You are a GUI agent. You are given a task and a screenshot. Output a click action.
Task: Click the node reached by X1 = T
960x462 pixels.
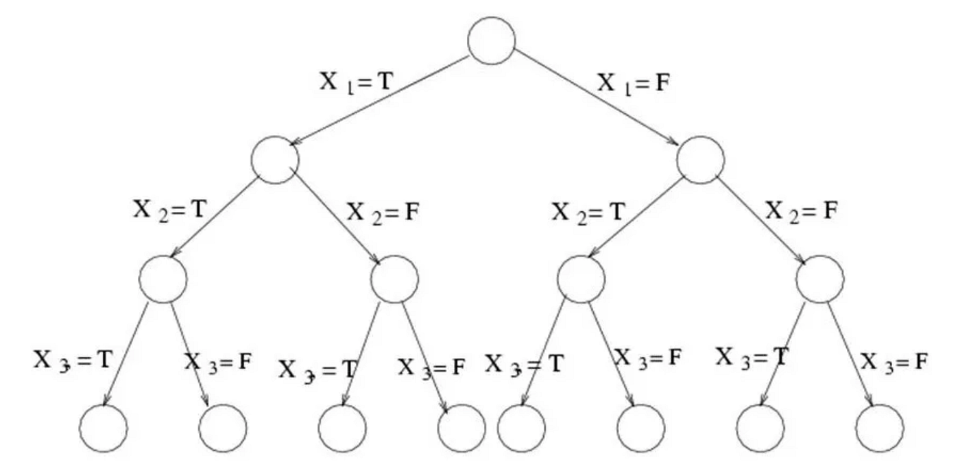point(275,160)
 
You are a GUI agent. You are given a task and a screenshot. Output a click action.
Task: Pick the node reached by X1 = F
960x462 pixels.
point(700,160)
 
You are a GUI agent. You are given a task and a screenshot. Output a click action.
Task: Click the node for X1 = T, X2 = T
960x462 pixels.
point(163,280)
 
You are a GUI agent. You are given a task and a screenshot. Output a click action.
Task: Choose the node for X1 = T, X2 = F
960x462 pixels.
point(394,280)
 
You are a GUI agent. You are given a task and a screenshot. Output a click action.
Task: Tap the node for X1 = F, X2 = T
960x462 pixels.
point(581,280)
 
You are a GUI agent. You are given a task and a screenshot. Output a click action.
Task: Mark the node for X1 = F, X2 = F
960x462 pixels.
point(821,280)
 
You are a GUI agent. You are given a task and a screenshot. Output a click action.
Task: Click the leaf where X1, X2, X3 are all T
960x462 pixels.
point(104,428)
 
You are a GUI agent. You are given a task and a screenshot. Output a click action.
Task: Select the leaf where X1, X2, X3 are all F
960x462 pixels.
point(880,428)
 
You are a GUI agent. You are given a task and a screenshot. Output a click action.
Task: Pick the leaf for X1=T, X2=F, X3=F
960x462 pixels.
point(461,428)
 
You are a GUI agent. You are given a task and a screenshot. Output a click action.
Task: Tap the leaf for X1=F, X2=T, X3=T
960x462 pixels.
point(522,428)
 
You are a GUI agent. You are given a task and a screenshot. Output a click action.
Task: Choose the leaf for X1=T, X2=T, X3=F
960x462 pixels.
point(223,428)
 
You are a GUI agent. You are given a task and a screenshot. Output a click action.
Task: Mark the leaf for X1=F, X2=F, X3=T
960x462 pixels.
point(760,428)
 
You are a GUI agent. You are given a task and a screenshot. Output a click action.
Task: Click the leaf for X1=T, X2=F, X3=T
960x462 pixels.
point(343,428)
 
